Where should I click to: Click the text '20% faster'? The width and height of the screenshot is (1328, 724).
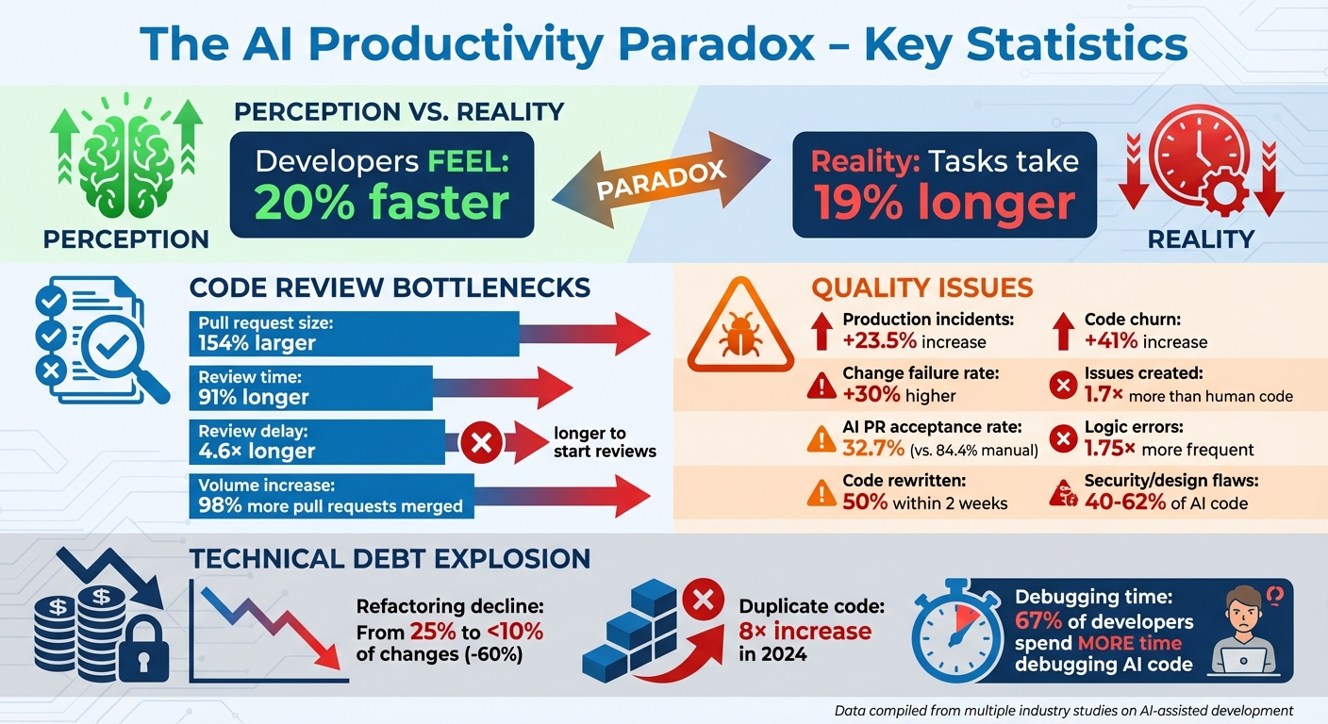[x=382, y=203]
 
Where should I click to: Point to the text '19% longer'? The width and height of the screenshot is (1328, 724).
[x=944, y=203]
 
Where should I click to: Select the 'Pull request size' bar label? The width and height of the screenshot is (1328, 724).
[x=265, y=322]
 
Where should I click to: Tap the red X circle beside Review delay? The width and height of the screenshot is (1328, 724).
[x=480, y=443]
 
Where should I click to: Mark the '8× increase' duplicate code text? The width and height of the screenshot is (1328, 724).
[x=805, y=630]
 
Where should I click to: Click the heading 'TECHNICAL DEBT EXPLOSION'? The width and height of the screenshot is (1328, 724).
[x=390, y=558]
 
